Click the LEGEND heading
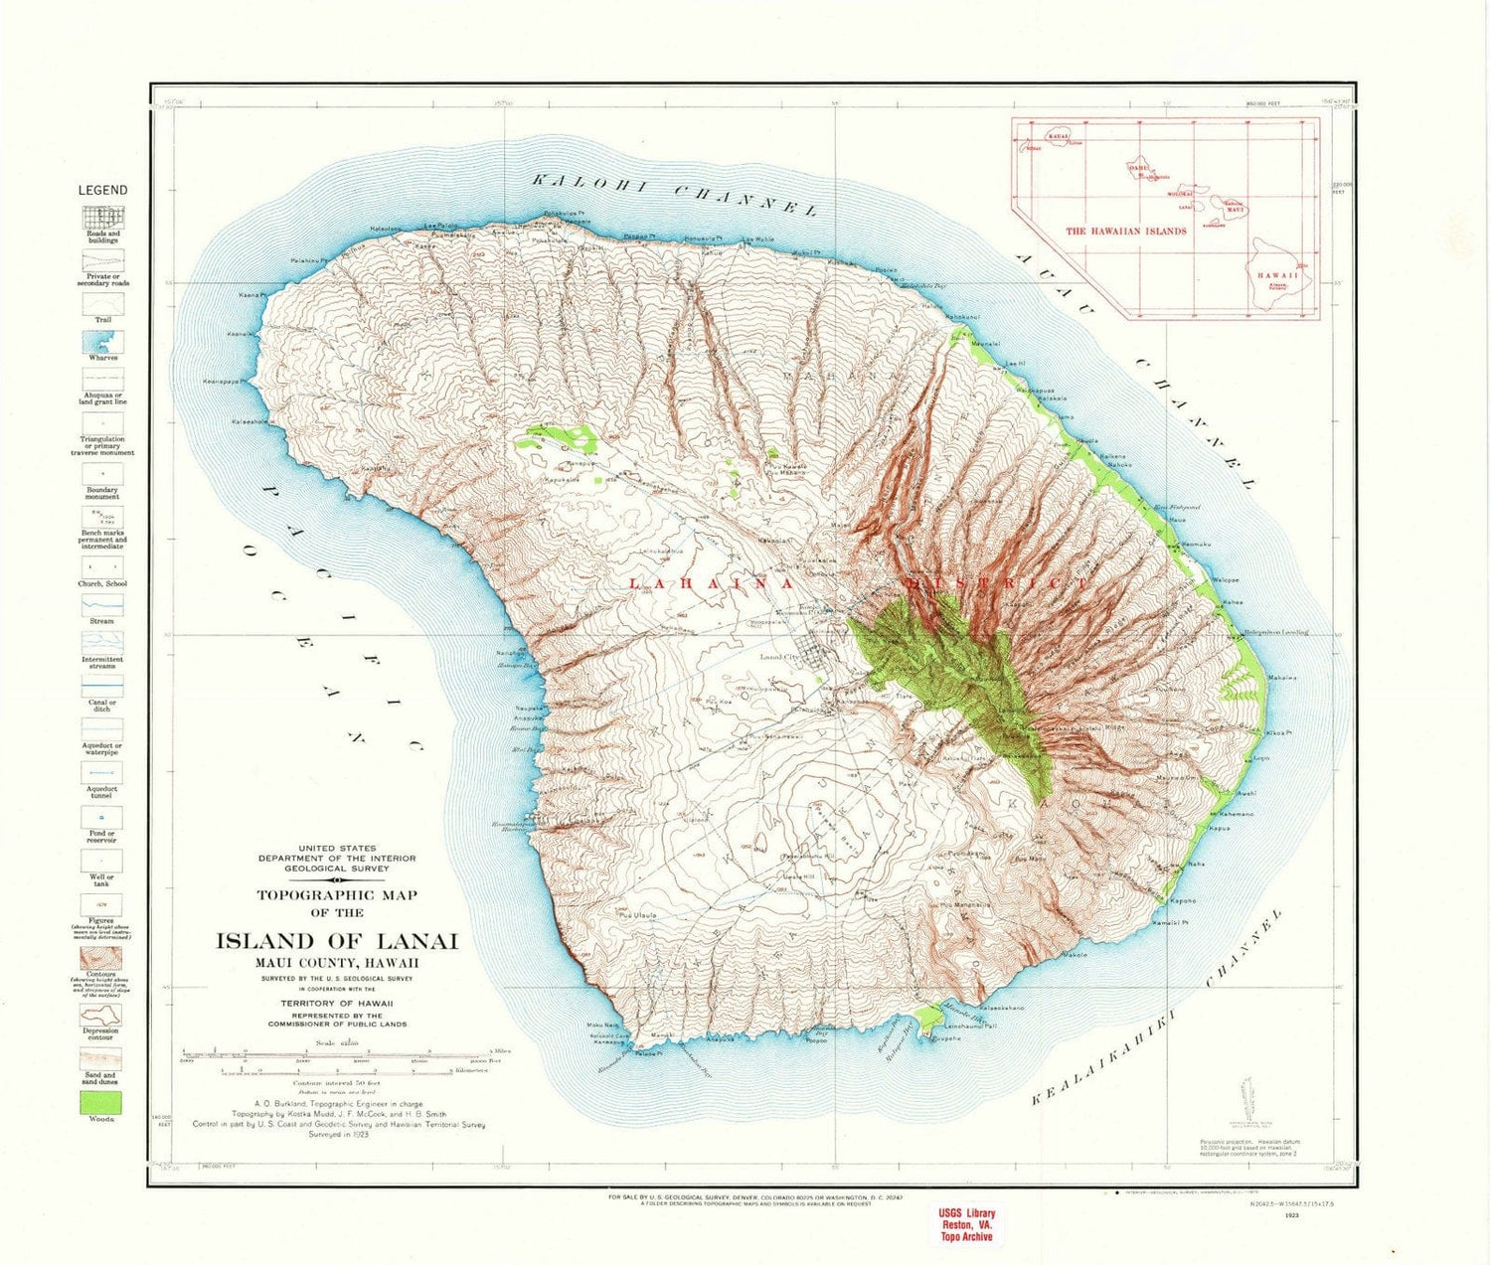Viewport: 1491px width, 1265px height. pos(102,190)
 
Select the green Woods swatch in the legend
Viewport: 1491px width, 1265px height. pos(100,1102)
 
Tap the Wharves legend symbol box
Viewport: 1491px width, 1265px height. pos(102,342)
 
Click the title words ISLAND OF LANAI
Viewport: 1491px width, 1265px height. pos(337,941)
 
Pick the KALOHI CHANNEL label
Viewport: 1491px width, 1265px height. pos(674,195)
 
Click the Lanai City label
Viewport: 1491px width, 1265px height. pos(779,657)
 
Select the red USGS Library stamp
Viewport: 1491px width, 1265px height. pos(966,1225)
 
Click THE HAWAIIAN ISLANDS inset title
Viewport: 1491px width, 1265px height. pos(1125,231)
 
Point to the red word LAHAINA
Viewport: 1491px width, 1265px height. pos(711,584)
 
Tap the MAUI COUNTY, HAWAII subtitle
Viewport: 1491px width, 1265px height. pos(337,963)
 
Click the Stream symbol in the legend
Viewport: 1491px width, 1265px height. pos(102,604)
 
